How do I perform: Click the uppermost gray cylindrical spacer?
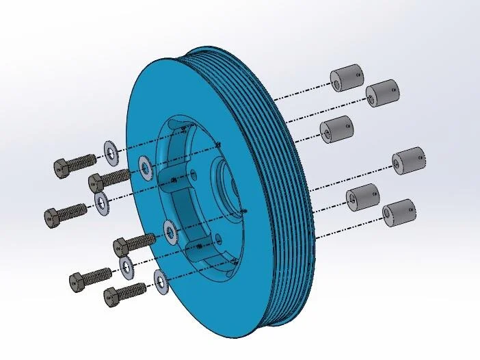coord(347,77)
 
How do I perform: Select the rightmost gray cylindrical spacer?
coord(409,160)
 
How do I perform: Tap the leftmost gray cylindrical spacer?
coord(336,129)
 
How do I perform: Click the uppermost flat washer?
coord(109,150)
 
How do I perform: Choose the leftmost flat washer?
coord(102,203)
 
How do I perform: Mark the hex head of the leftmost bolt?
coord(51,218)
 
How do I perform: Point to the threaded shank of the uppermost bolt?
coord(83,162)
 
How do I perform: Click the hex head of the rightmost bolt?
coord(120,244)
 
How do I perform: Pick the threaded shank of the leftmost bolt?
coord(73,211)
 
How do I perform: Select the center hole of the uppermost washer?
coord(109,150)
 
